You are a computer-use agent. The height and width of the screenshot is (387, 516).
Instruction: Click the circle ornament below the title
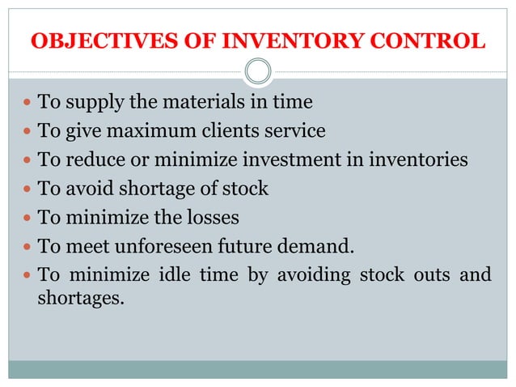[258, 72]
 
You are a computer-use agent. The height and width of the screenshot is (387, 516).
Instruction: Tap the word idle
[177, 274]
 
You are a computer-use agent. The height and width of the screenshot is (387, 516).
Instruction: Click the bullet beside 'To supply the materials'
[27, 104]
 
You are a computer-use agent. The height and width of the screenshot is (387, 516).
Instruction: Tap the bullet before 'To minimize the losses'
[27, 218]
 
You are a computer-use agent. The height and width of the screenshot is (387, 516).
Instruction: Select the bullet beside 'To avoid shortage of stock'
[27, 189]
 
